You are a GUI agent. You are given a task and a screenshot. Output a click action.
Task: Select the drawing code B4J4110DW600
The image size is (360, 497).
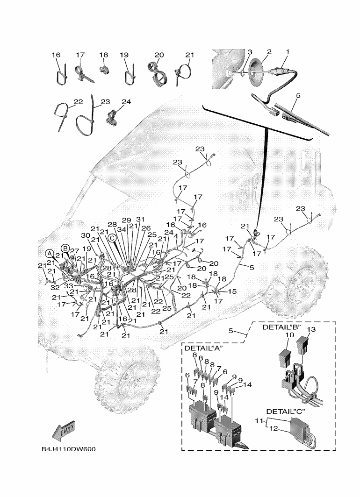click(69, 449)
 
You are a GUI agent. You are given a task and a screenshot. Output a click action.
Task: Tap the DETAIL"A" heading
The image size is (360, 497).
click(204, 348)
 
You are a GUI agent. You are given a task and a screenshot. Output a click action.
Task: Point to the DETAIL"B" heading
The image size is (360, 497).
click(281, 327)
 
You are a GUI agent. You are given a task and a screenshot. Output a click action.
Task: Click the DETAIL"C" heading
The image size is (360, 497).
click(286, 412)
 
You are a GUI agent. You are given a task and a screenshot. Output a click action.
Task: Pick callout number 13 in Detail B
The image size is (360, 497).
click(311, 330)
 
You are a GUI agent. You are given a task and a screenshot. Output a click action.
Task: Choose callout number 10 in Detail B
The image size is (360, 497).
click(289, 335)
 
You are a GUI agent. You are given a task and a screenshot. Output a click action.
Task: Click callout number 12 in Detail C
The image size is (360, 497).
click(274, 428)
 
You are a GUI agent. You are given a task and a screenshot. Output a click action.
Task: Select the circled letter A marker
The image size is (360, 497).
click(49, 254)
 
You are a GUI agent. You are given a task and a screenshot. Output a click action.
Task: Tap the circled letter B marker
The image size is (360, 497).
click(65, 248)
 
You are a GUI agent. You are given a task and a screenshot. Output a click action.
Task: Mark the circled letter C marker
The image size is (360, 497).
click(112, 238)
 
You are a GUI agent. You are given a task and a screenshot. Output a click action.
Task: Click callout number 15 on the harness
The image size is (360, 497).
click(232, 291)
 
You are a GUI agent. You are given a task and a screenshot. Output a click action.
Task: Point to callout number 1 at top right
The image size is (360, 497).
click(288, 51)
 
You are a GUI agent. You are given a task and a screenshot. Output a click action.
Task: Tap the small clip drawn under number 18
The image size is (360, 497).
click(104, 69)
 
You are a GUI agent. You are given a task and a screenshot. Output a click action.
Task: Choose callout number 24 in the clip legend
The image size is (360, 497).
click(126, 102)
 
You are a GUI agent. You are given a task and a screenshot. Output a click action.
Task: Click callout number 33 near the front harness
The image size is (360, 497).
click(69, 286)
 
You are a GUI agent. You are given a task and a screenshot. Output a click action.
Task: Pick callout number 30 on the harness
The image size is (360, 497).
click(85, 235)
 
